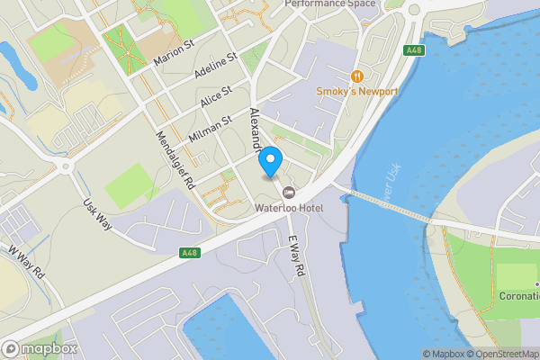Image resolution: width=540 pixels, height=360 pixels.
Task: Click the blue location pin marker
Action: (271, 162)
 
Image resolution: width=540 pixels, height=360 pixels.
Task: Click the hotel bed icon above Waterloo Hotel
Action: (289, 192)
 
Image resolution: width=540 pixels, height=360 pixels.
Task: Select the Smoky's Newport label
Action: (357, 92)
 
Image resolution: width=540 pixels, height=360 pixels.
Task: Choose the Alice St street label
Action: (216, 95)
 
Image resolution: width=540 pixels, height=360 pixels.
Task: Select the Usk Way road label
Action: (97, 214)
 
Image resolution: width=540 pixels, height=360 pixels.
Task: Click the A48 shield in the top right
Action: (414, 50)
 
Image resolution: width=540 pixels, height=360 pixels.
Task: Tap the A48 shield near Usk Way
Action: (190, 253)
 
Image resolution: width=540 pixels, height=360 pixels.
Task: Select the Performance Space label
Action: (329, 4)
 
